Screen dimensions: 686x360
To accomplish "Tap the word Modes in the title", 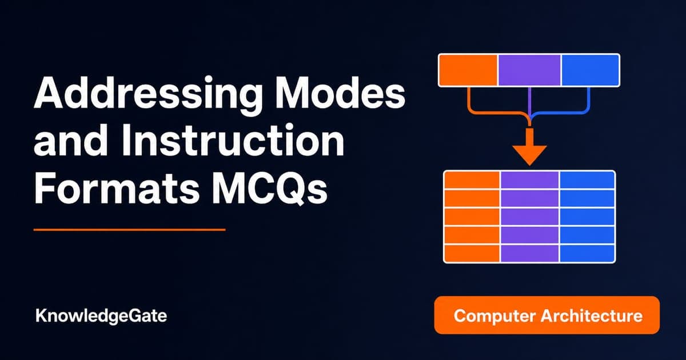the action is (x=340, y=92).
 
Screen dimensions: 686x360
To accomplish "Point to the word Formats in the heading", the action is (x=117, y=187).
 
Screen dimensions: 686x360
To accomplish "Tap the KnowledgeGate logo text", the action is (x=101, y=316).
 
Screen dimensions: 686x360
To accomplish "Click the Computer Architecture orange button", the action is (x=547, y=315).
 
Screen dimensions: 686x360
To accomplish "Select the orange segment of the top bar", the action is (x=468, y=70).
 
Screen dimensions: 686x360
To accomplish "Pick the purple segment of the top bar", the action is (x=529, y=70).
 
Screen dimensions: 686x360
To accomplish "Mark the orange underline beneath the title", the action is (x=130, y=229).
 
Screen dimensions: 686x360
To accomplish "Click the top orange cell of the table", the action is (x=472, y=180).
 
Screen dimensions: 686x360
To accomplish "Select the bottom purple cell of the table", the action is (x=530, y=254).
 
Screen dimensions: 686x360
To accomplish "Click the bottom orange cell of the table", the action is (x=472, y=254).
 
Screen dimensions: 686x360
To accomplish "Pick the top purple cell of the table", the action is (x=530, y=180).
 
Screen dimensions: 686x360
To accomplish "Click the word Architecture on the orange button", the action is (x=591, y=315).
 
